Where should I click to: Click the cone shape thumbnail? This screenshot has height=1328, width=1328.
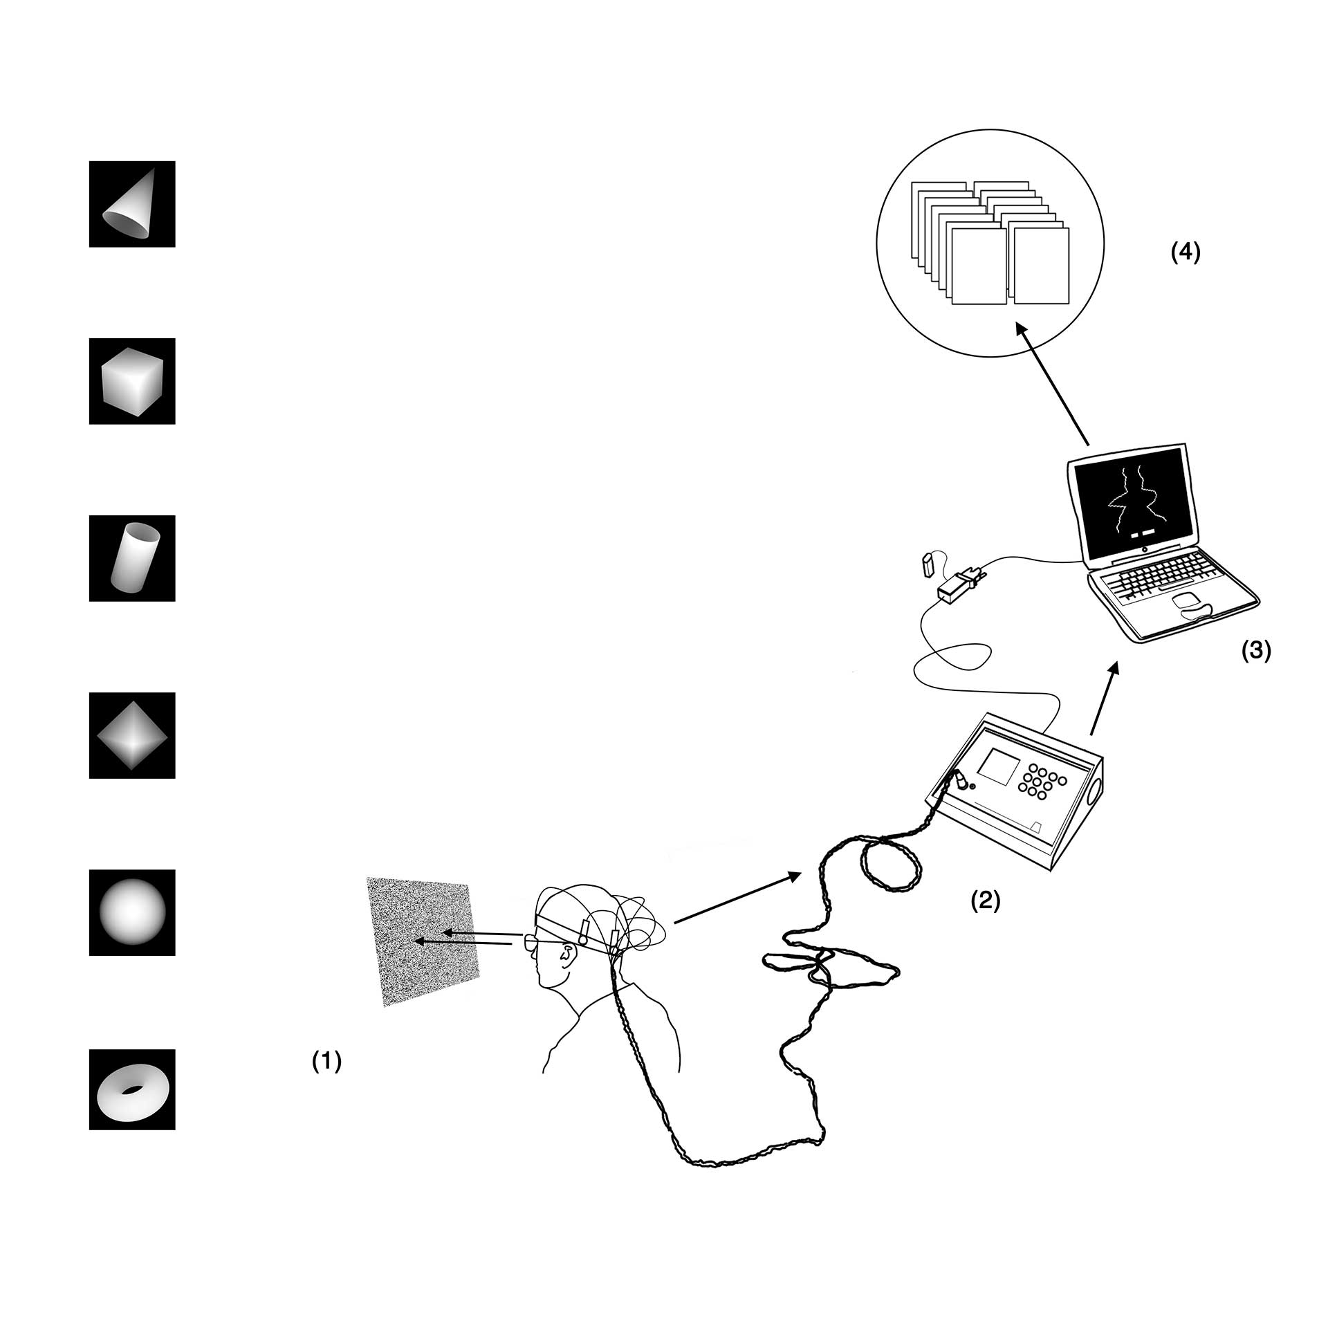[x=132, y=204]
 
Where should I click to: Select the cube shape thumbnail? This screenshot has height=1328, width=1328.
[x=132, y=381]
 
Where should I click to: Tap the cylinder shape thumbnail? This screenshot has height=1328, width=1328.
[x=132, y=558]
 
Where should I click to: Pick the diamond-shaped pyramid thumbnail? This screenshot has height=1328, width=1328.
[x=132, y=735]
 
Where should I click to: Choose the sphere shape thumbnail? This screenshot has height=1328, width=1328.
[x=132, y=912]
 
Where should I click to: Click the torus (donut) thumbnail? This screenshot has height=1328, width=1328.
[x=132, y=1090]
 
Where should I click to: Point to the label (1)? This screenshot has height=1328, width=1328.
[x=326, y=1061]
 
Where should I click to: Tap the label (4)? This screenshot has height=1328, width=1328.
[x=1186, y=253]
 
